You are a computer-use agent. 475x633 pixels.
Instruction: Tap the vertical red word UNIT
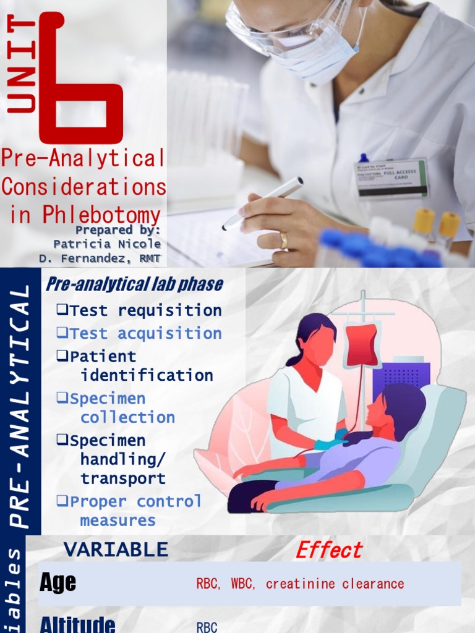22,65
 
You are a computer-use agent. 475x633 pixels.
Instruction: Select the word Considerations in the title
84,186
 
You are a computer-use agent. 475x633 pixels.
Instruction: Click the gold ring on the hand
283,240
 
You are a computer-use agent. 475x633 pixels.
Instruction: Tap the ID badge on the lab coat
391,178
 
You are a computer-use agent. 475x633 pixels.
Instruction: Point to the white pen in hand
262,203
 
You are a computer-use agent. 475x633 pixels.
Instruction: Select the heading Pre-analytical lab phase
134,284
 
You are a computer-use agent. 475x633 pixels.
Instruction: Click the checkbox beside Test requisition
61,310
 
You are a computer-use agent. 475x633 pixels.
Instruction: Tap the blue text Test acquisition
146,333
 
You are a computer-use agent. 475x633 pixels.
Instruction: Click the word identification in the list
147,375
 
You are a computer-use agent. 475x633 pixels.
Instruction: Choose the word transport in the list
123,478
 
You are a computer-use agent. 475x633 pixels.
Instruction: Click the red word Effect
329,550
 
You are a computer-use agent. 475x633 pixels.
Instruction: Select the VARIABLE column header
116,549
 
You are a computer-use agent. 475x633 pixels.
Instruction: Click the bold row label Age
58,582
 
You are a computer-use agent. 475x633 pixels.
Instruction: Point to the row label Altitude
77,624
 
